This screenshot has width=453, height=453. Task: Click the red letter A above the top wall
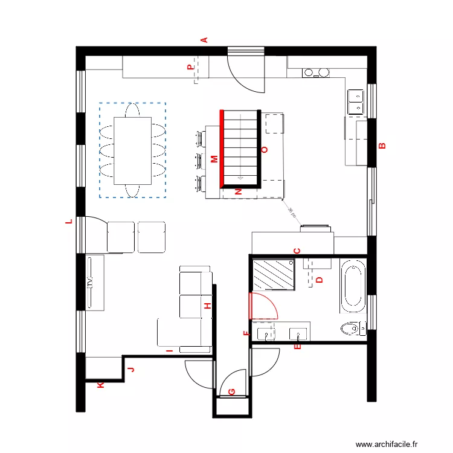(x=204, y=40)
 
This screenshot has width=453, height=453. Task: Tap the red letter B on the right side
(x=381, y=145)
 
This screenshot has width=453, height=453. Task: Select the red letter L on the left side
(x=69, y=222)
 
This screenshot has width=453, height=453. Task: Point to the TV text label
(x=89, y=283)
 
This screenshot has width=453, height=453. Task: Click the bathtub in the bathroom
(x=353, y=286)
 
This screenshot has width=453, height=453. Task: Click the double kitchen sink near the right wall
(x=356, y=101)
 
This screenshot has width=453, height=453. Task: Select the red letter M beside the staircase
(x=214, y=159)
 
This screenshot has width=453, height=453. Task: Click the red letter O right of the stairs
(x=263, y=149)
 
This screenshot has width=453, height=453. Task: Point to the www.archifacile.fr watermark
(x=387, y=444)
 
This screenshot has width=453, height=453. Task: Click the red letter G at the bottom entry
(x=231, y=391)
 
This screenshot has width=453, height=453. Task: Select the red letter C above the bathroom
(x=297, y=251)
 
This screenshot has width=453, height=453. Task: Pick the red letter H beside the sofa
(x=208, y=306)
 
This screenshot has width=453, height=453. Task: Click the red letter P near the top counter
(x=191, y=68)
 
